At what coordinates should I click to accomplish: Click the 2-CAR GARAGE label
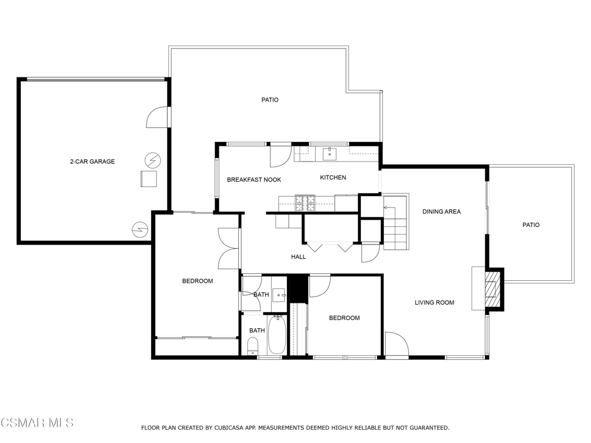coord(92,162)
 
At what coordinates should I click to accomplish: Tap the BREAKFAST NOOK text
coord(254,180)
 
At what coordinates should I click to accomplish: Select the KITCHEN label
coord(333,178)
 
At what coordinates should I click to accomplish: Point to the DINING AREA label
coord(442,212)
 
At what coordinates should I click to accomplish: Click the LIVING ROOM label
coord(434,302)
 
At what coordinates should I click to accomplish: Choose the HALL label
coord(298,257)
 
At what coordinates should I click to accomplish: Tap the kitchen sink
coord(330,154)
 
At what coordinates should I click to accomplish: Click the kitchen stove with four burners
coord(305,204)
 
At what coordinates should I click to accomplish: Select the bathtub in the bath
coord(277,335)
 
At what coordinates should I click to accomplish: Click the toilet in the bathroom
coord(253,346)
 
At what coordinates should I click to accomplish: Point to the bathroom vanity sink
coord(279,295)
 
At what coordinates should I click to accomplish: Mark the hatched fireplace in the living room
coord(491,290)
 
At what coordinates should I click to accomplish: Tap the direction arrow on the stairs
coord(389,208)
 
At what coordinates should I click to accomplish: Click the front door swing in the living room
coord(397,344)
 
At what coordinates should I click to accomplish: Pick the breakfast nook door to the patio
coord(281,155)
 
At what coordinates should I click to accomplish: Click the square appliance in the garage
coord(148,179)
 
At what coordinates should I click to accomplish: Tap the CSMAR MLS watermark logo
coord(37,423)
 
